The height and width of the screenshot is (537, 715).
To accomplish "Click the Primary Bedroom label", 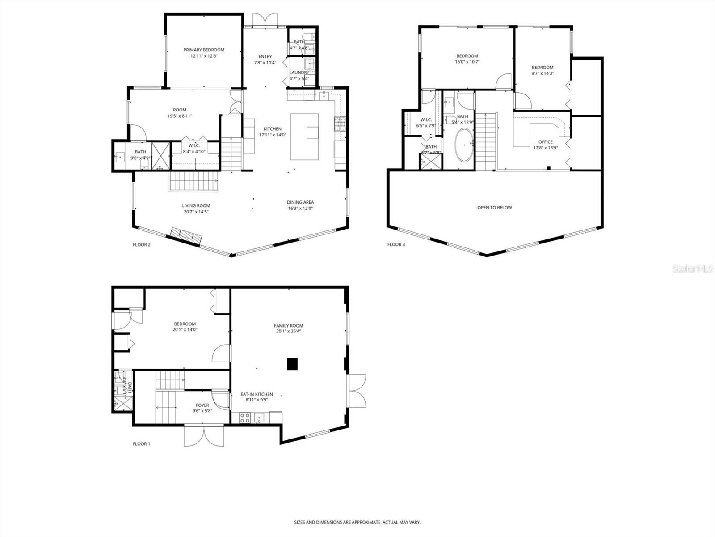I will coord(204,50).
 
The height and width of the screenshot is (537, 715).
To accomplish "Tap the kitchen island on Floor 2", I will coord(304,136).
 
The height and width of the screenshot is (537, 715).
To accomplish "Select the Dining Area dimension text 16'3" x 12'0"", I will coord(300,208).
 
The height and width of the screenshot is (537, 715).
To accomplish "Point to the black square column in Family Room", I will coord(292,364).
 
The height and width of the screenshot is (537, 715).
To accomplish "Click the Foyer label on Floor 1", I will coord(202,405).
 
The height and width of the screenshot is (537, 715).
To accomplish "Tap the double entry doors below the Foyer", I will coord(204,435).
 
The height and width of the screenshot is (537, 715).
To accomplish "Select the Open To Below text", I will coord(494,208).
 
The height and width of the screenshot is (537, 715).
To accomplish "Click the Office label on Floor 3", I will coord(545,142).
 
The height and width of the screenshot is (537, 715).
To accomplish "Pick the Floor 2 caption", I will coord(142,244).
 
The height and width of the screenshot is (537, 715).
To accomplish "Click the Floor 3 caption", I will coord(396,244).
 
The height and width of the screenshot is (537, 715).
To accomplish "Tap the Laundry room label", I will coord(299,72).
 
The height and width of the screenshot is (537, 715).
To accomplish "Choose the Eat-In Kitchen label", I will coord(257,394).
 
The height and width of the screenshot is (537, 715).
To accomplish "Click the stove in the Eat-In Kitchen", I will coord(245,418).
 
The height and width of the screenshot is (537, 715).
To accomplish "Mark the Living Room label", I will coord(196,206).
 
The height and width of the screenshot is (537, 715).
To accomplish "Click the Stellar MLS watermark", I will coord(693,268).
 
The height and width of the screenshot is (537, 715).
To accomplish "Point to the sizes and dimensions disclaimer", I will coord(357,522).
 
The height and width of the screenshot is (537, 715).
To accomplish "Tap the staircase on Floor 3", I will coord(486,141).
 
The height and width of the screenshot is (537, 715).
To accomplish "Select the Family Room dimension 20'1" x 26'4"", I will coord(289,332).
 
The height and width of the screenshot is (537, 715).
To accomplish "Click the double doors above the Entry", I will coord(265,20).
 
